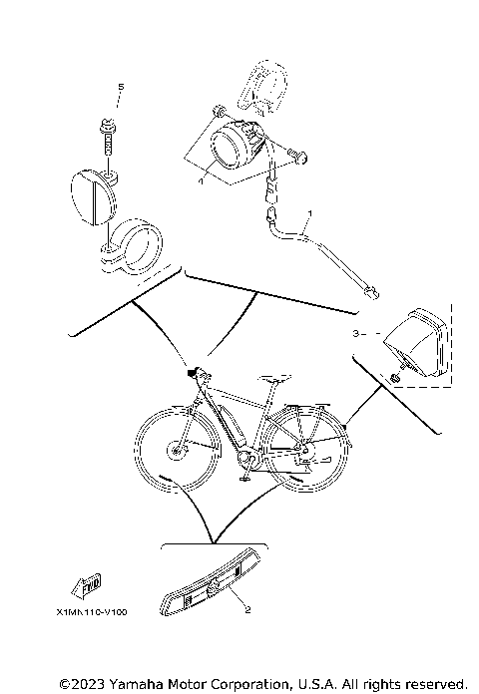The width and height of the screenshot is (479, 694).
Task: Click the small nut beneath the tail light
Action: tap(398, 378)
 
